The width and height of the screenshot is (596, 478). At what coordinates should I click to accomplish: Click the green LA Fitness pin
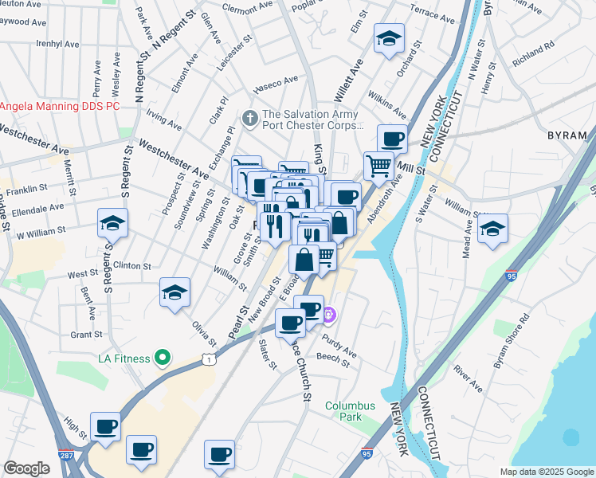[x=163, y=358]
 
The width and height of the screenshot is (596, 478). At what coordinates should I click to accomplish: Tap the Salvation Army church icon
[x=250, y=118]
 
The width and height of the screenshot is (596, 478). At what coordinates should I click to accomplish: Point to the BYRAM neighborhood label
[x=568, y=135]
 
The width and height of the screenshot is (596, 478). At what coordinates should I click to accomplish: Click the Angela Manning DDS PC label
[x=60, y=105]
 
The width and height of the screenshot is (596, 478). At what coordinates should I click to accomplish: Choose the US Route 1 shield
[x=209, y=360]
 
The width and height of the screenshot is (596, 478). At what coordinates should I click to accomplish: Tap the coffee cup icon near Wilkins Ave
[x=392, y=139]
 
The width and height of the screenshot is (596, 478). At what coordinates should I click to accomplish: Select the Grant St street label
[x=86, y=335]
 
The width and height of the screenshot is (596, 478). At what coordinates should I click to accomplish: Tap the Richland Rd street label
[x=533, y=55]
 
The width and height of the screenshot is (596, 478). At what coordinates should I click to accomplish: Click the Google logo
[x=26, y=468]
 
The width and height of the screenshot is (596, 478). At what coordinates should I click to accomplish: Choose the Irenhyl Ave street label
[x=58, y=45]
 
